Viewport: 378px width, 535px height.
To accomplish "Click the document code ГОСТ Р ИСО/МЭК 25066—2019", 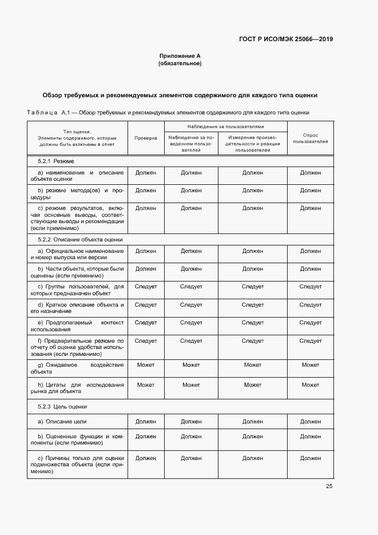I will click(285, 39).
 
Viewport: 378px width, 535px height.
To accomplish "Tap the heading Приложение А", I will click(180, 56).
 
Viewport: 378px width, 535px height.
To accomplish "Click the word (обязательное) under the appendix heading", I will click(180, 64).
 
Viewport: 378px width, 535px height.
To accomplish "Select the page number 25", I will click(329, 486).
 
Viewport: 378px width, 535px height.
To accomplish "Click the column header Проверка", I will click(146, 138).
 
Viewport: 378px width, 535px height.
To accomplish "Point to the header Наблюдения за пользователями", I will click(225, 126).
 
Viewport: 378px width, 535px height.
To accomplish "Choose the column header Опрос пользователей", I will click(311, 138).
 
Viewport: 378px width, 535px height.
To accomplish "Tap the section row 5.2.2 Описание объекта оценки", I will click(80, 240).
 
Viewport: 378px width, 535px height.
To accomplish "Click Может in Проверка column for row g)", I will click(146, 364).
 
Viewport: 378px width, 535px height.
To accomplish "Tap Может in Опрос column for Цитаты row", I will click(311, 385).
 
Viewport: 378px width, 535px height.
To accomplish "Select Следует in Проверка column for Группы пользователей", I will click(146, 286).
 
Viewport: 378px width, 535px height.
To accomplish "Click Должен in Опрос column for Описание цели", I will click(311, 421).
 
